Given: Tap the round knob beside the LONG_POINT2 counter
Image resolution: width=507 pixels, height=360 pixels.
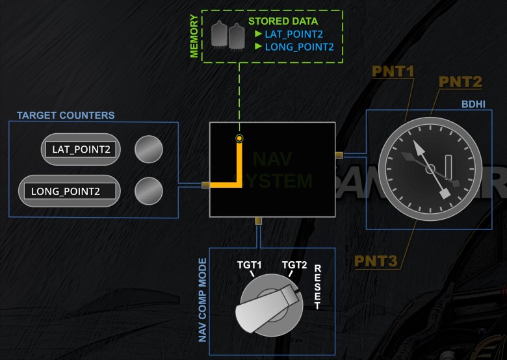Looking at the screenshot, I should pyautogui.click(x=148, y=190).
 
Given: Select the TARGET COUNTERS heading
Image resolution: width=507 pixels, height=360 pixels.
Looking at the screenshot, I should pyautogui.click(x=66, y=116).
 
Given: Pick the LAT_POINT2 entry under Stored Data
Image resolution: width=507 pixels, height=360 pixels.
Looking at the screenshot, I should pyautogui.click(x=294, y=34).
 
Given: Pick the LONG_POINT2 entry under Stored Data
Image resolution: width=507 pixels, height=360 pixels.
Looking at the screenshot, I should pyautogui.click(x=299, y=47).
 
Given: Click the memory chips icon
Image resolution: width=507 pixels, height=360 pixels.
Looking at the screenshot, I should pyautogui.click(x=227, y=34).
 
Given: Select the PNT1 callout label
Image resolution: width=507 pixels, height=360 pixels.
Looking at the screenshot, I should pyautogui.click(x=393, y=70).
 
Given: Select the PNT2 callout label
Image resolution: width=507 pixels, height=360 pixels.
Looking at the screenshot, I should pyautogui.click(x=460, y=82).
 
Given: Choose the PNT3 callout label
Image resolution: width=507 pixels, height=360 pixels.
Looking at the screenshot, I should pyautogui.click(x=376, y=261).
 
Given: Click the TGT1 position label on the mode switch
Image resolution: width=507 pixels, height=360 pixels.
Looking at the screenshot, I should pyautogui.click(x=248, y=265).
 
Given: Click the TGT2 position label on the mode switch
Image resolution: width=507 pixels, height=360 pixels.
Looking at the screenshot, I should pyautogui.click(x=294, y=265).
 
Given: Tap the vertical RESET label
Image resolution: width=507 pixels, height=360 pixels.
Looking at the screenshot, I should pyautogui.click(x=318, y=287).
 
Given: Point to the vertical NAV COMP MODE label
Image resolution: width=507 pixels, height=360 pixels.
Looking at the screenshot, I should pyautogui.click(x=202, y=300).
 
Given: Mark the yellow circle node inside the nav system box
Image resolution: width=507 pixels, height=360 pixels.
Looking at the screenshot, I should pyautogui.click(x=240, y=138).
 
